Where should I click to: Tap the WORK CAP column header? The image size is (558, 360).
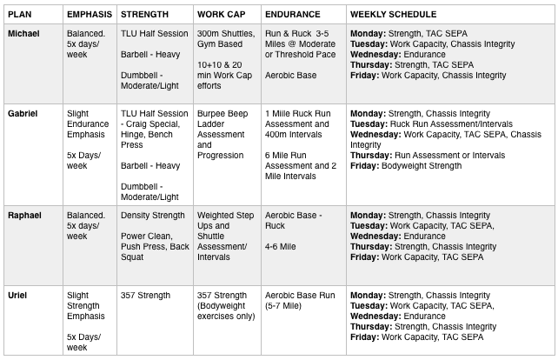coord(222,15)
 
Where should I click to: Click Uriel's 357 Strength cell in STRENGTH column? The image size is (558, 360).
coord(145,296)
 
